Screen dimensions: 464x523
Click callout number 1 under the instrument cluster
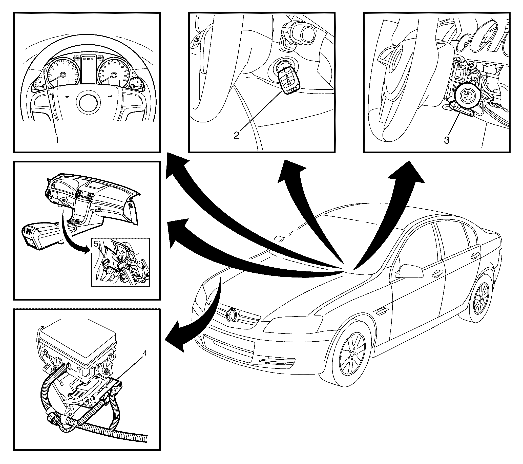point(56,140)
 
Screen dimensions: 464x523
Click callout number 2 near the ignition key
point(236,135)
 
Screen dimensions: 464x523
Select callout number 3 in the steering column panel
point(446,140)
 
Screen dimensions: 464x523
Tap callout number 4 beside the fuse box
point(144,353)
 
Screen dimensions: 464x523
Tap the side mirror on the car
point(409,271)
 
